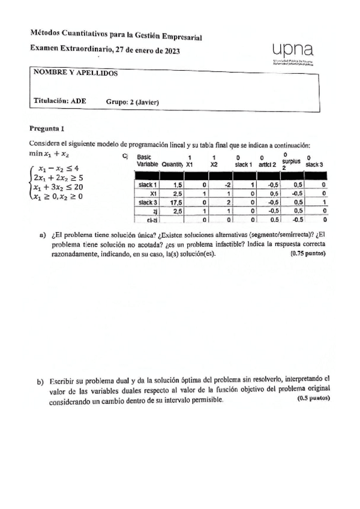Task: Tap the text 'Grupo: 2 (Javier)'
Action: tap(132, 101)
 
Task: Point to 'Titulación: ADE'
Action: tap(59, 101)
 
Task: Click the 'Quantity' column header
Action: tap(168, 164)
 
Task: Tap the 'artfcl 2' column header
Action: tap(268, 164)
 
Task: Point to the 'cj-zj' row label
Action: tap(151, 220)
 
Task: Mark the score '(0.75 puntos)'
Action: tap(307, 254)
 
